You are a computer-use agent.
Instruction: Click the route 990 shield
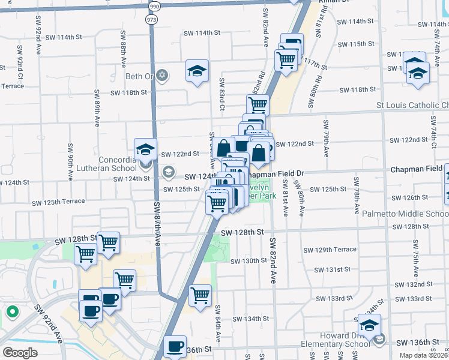click(x=155, y=6)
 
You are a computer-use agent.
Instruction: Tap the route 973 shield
click(x=151, y=20)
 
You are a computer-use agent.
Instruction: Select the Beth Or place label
click(x=139, y=76)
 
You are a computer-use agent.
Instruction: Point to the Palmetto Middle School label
click(x=418, y=214)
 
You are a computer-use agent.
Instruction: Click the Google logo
click(x=20, y=353)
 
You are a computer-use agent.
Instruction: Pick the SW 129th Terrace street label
click(x=330, y=250)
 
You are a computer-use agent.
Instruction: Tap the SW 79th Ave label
click(x=327, y=139)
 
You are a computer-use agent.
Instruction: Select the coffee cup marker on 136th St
click(x=175, y=346)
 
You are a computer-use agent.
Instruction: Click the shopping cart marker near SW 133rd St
click(x=200, y=295)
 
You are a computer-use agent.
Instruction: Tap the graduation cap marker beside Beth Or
click(x=197, y=71)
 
